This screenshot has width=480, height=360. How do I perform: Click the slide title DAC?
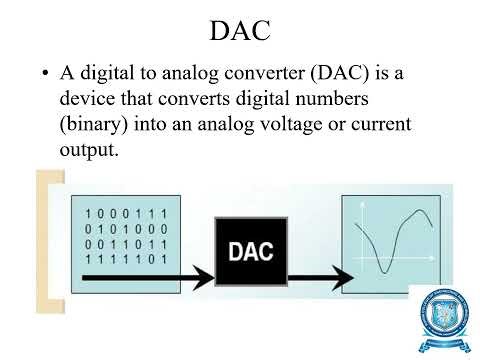click(240, 31)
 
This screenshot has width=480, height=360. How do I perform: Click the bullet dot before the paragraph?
click(45, 75)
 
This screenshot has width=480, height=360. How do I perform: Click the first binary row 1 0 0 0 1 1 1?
click(126, 214)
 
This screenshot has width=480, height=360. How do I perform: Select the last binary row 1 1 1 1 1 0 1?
click(126, 259)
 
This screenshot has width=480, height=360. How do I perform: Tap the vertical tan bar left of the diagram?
click(42, 240)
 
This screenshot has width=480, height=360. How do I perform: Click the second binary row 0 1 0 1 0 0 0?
click(126, 229)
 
